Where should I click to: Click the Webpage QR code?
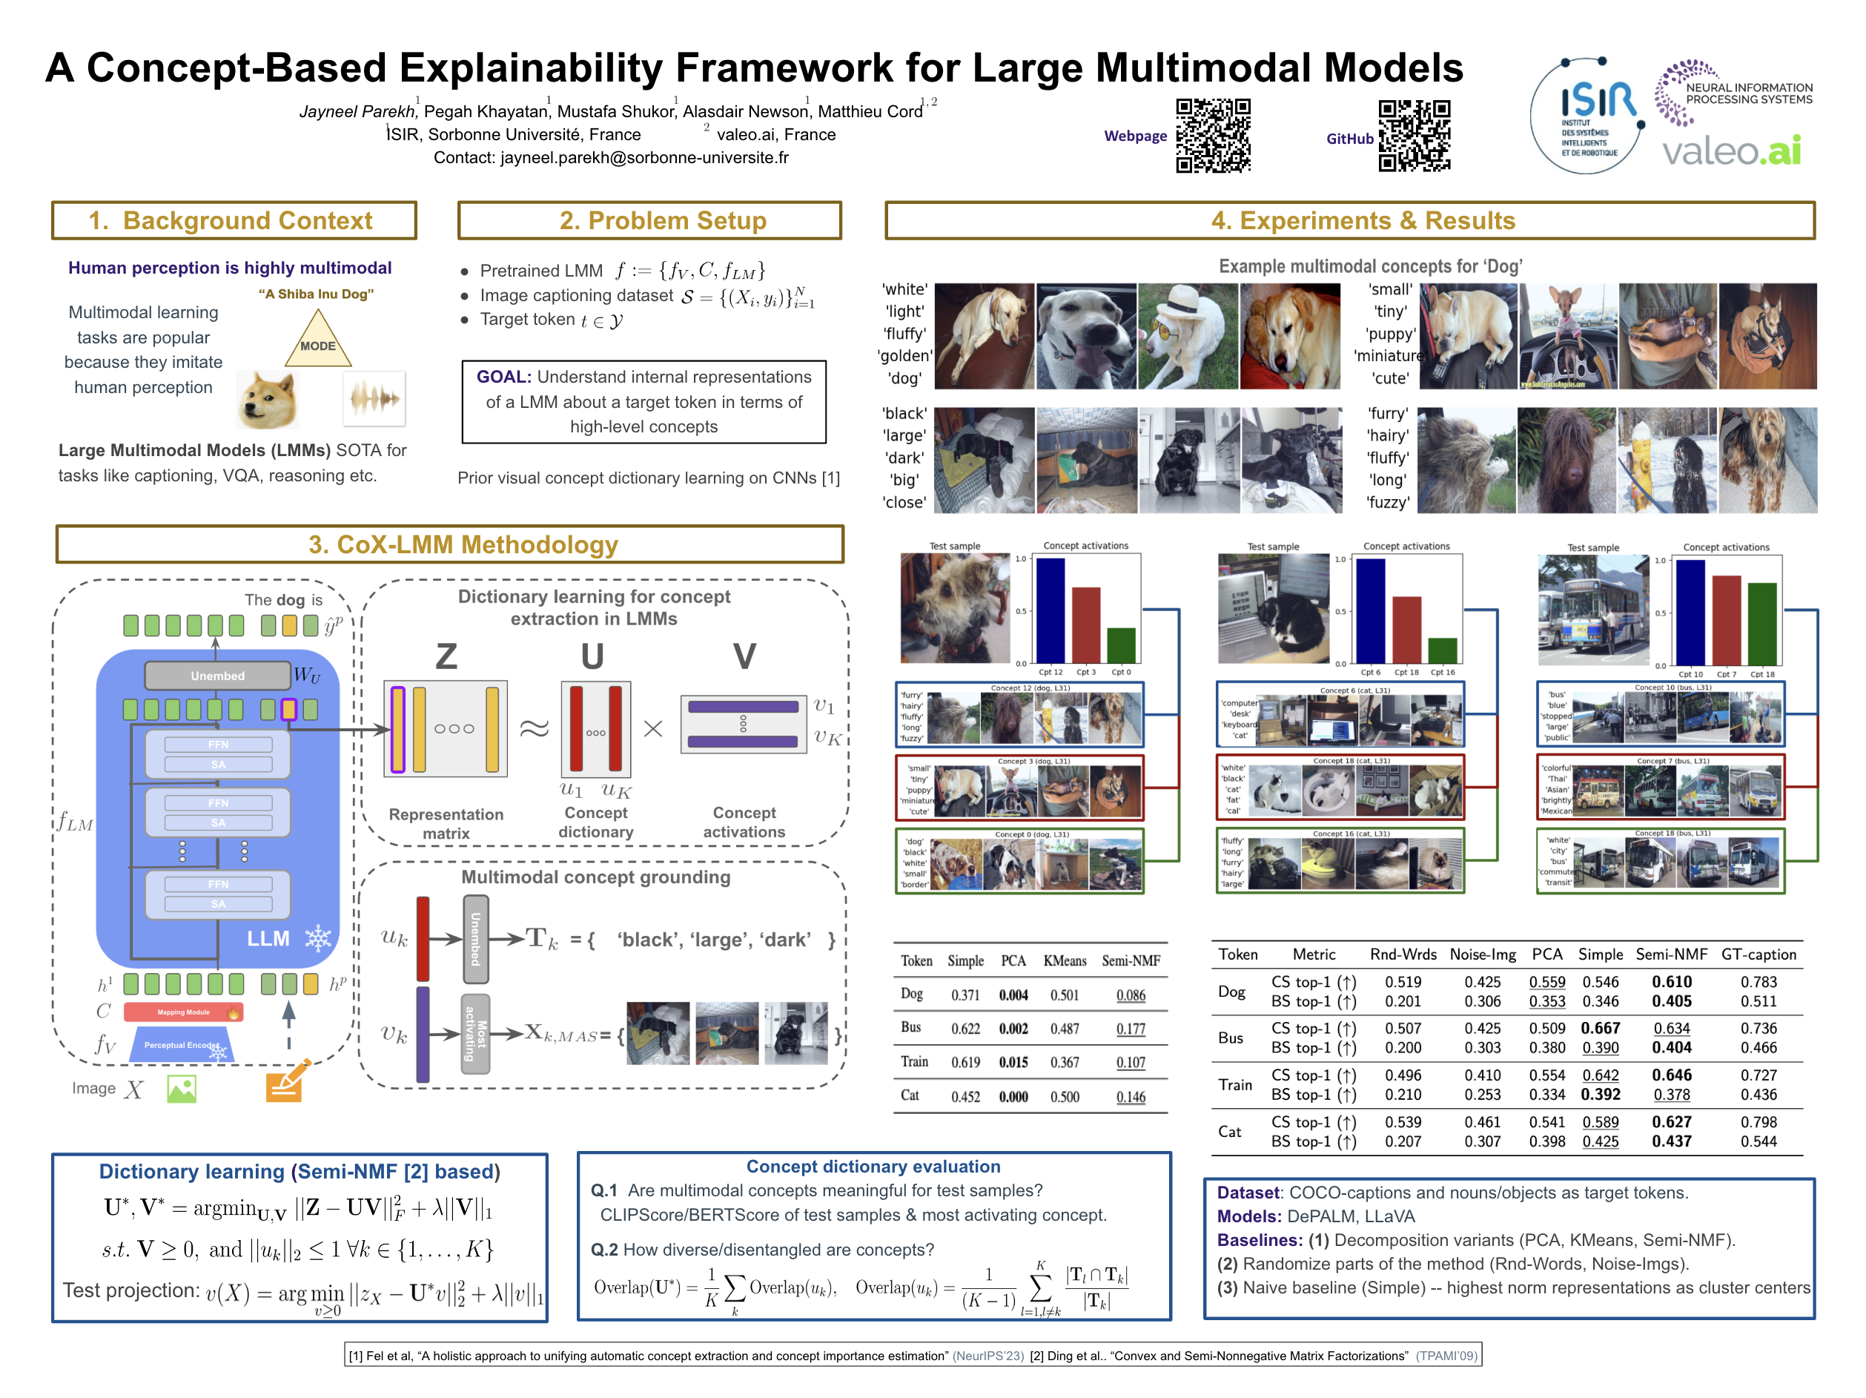[1212, 135]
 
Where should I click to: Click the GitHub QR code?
[1414, 135]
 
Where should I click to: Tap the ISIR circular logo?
[1586, 116]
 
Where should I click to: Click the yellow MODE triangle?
[318, 340]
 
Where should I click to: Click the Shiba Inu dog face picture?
[268, 399]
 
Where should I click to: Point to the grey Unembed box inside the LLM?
[218, 676]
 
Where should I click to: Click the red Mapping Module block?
[183, 1012]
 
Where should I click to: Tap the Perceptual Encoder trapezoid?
[182, 1045]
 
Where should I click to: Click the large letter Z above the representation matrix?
[446, 656]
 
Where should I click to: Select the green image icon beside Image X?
[182, 1089]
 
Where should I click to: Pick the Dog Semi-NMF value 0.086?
[1131, 995]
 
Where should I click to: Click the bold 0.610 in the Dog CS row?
[1671, 982]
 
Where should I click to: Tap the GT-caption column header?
[1758, 954]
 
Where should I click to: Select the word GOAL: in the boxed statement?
[503, 377]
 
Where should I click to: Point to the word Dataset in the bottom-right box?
[1248, 1193]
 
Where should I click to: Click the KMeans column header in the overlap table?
[1065, 961]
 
